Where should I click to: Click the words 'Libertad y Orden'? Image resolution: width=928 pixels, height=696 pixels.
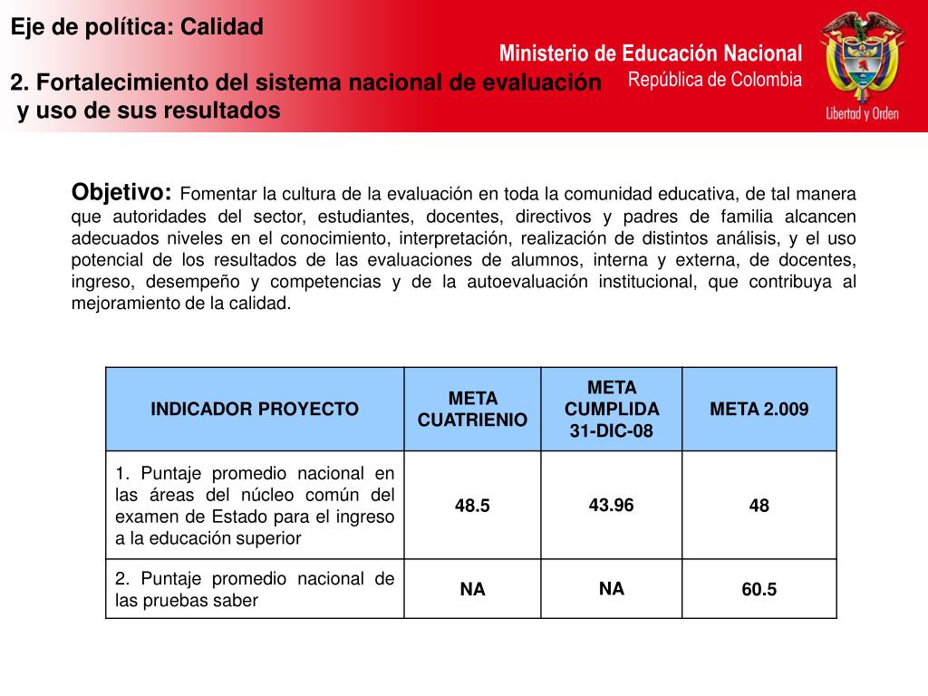861,114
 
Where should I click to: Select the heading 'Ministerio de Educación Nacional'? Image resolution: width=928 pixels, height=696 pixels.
650,53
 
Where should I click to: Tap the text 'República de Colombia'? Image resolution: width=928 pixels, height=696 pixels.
715,80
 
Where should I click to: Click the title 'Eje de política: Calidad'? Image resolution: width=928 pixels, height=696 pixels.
137,27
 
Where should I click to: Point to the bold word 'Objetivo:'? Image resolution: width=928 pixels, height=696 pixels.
121,192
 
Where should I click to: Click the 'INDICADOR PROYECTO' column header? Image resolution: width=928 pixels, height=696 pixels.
255,409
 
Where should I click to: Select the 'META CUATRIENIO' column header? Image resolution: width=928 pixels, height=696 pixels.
472,409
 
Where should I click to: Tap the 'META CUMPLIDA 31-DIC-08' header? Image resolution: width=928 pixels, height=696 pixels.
612,409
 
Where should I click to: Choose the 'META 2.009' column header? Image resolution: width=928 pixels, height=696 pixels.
759,409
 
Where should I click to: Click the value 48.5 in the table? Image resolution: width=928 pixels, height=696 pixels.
472,506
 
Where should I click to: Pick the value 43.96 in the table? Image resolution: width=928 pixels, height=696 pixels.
612,505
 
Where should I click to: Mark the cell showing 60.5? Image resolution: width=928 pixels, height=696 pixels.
759,590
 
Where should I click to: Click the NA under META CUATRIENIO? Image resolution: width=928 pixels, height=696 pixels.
472,590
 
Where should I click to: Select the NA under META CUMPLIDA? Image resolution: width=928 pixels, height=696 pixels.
612,589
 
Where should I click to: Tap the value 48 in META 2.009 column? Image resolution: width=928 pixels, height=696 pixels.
759,506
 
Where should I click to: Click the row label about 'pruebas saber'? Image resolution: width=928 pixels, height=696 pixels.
255,590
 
